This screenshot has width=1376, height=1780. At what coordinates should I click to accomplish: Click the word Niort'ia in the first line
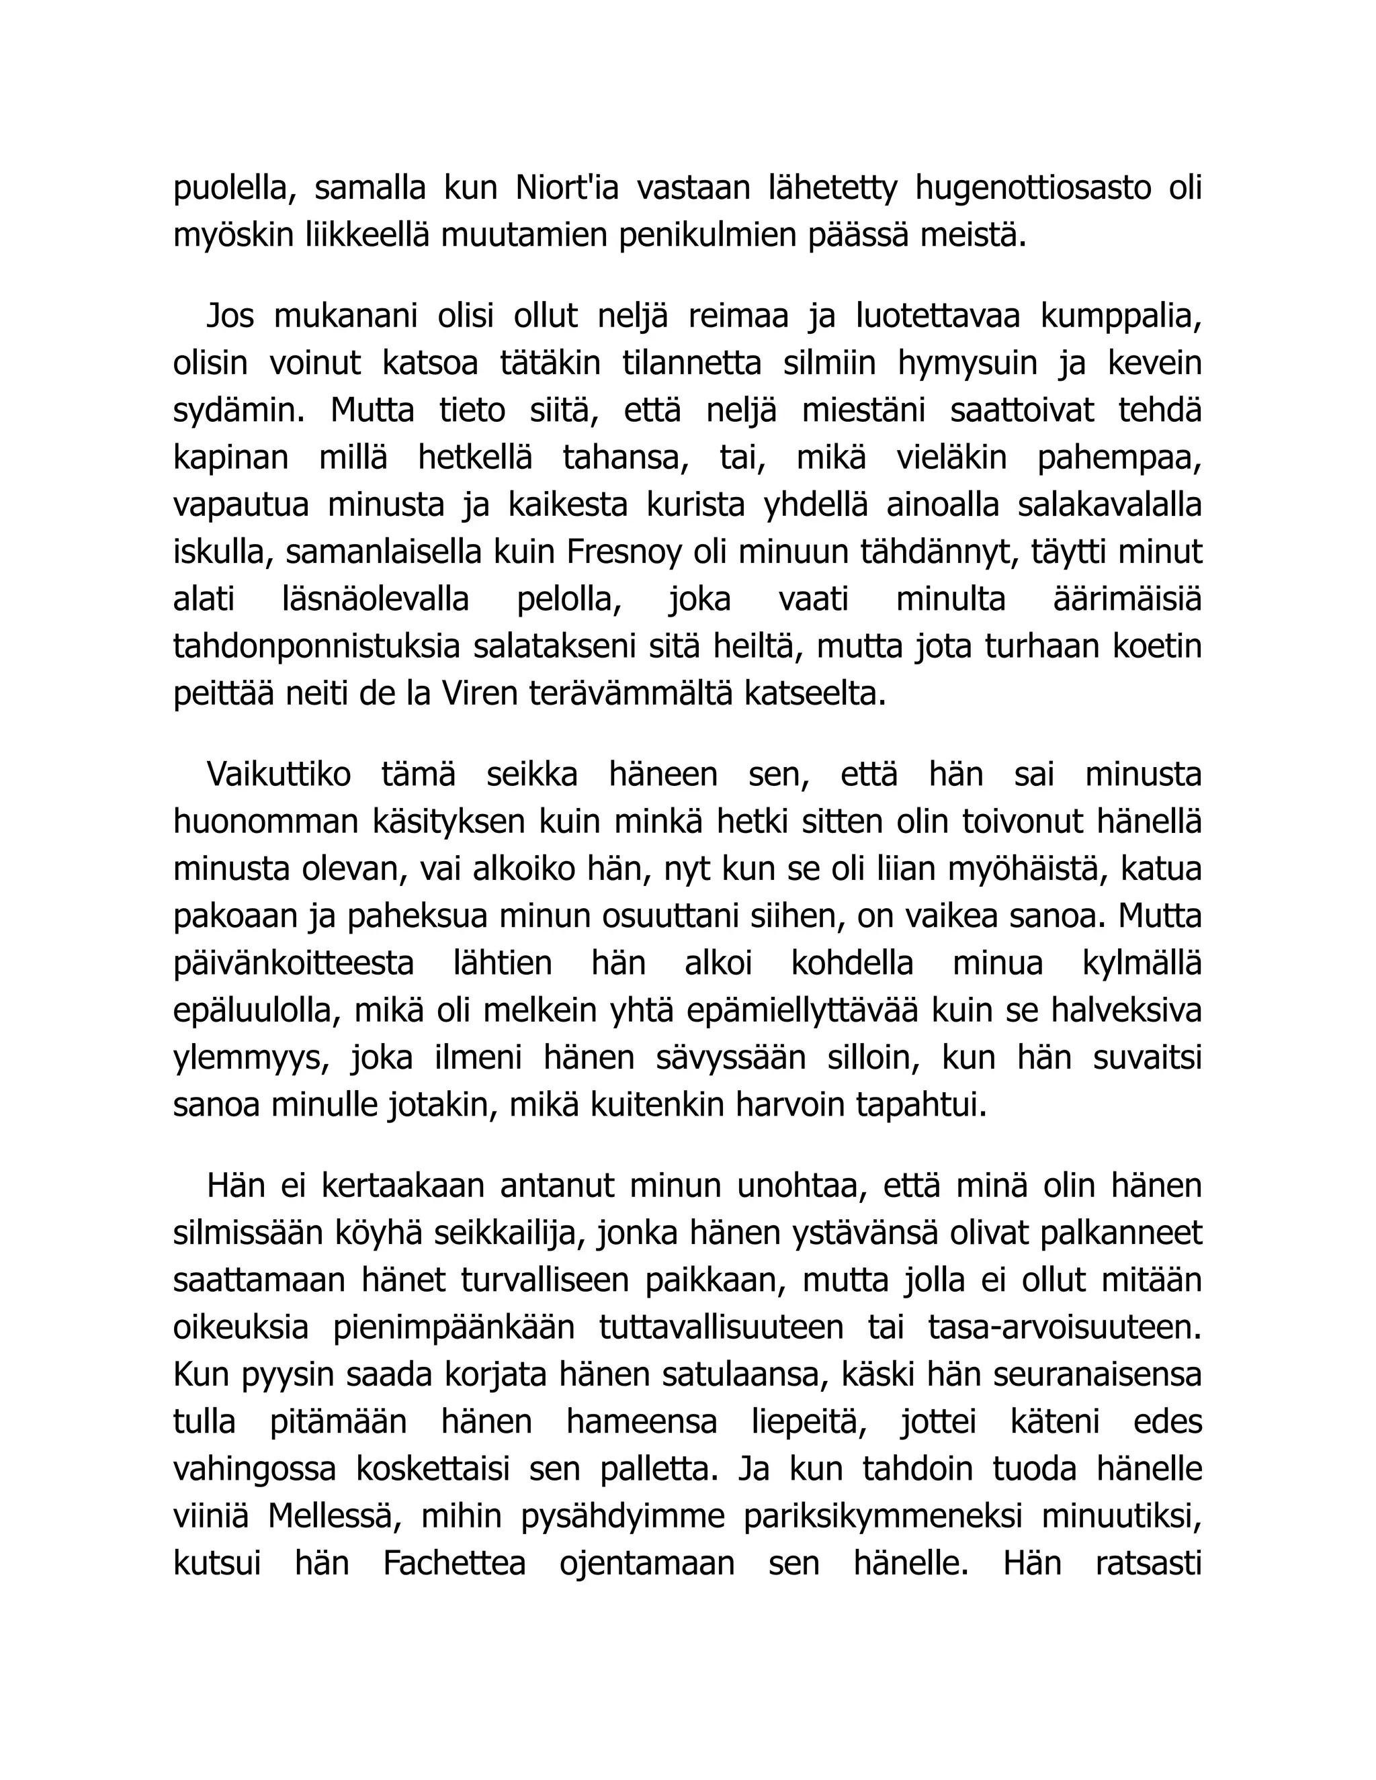566,187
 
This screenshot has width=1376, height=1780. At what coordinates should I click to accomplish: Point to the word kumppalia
1121,316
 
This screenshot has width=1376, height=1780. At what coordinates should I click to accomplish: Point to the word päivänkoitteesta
294,963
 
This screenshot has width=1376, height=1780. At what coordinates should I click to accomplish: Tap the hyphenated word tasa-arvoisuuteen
1065,1327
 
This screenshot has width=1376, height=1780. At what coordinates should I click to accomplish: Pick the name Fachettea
454,1563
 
